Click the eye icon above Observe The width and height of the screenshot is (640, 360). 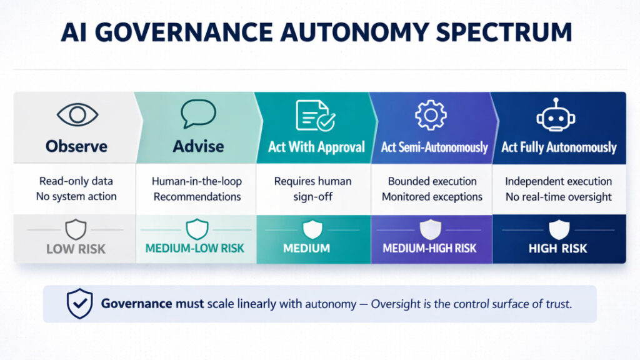(x=77, y=115)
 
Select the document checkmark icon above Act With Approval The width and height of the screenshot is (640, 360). (x=316, y=116)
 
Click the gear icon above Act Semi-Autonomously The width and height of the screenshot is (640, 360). (x=431, y=115)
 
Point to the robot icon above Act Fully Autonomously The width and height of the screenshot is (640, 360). (x=556, y=115)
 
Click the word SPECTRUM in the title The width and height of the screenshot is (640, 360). (x=504, y=32)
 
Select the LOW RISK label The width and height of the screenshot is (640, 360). (x=76, y=249)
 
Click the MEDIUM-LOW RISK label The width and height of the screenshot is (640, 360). (x=195, y=248)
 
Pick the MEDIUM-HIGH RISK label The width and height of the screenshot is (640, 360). (x=429, y=248)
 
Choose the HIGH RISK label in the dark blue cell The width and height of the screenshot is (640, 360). (x=557, y=248)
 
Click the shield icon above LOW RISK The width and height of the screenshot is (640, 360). (x=76, y=229)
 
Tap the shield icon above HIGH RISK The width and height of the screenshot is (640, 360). (x=559, y=229)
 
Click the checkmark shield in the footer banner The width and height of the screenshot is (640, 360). (x=79, y=303)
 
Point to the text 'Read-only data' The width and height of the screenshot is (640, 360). (x=76, y=181)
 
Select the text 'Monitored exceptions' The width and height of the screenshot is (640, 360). (x=432, y=197)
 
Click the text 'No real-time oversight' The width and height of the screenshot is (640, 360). (x=558, y=197)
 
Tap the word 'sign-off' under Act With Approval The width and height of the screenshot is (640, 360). (x=312, y=197)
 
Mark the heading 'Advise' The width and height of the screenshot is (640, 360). (x=198, y=146)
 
